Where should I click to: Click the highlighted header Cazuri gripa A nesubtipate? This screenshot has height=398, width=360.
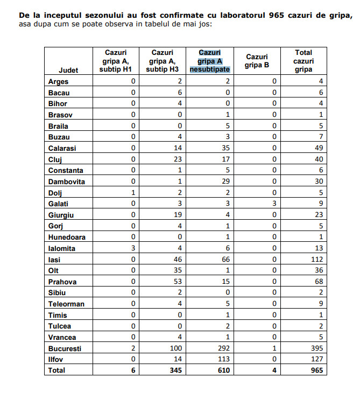[209, 61]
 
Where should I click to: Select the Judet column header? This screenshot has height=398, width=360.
[68, 70]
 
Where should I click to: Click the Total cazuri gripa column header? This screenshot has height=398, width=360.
[303, 61]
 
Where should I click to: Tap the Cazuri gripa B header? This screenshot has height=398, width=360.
[257, 61]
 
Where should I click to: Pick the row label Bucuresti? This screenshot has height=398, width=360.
[65, 348]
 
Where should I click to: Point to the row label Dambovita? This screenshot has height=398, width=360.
[66, 181]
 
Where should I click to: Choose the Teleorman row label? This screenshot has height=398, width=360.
[66, 304]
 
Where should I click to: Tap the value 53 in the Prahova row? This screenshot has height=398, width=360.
[178, 282]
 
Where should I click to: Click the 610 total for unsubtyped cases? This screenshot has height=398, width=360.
[223, 371]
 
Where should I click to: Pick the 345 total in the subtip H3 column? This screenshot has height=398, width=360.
[177, 371]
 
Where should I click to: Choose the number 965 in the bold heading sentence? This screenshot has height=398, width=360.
[256, 15]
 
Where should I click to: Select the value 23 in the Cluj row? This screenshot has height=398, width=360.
[178, 159]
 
